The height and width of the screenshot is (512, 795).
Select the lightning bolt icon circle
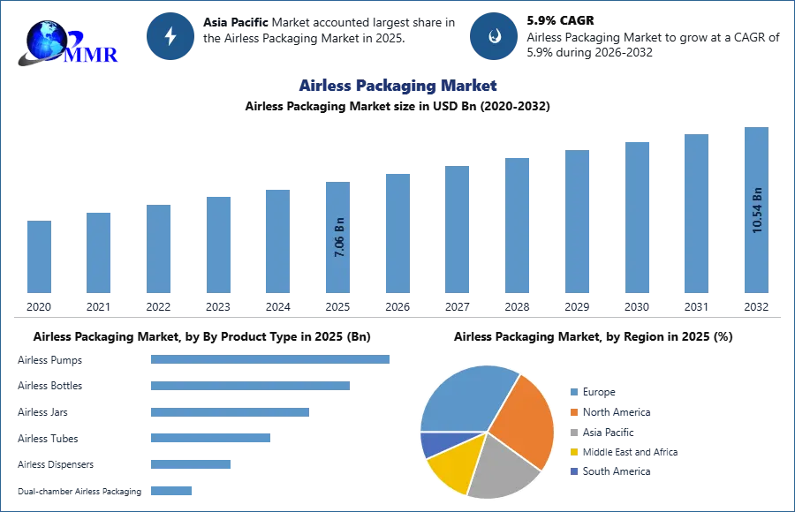(x=170, y=36)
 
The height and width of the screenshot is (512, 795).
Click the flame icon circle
(x=494, y=36)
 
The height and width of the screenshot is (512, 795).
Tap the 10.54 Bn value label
(x=756, y=210)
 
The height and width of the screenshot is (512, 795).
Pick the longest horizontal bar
(x=271, y=359)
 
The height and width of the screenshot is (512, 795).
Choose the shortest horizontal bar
(x=172, y=490)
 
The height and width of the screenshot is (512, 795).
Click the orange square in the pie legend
(x=572, y=411)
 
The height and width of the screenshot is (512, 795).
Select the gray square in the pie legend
(x=572, y=432)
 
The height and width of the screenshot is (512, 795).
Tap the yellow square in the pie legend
(x=572, y=452)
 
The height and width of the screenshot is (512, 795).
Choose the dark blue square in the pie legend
(x=572, y=472)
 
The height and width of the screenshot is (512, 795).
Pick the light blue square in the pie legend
(x=572, y=391)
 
